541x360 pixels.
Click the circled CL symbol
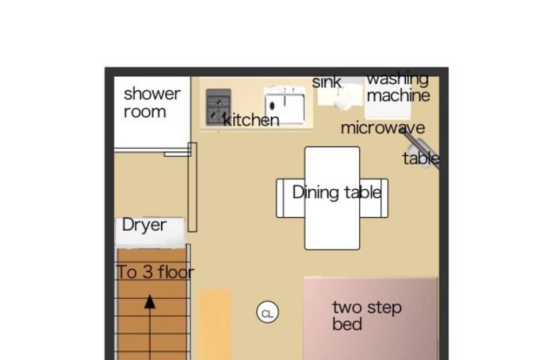coord(267,312)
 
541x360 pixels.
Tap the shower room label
coord(152,103)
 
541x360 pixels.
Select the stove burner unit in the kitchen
coord(219,107)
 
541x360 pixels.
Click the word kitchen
coord(251,120)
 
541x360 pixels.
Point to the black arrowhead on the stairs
coord(150,302)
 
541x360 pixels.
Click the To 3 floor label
coord(155,272)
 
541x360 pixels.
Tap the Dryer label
coord(144,225)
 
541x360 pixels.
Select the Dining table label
coord(337,192)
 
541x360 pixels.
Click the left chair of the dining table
coord(291,198)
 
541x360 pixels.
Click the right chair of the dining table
coord(374,198)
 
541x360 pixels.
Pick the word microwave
coord(382,128)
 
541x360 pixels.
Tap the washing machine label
coord(398,88)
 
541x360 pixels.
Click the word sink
coord(326,82)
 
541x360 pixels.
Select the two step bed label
coord(367,316)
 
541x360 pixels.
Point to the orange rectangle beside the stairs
coord(215,324)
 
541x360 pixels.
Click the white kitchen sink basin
coord(285,106)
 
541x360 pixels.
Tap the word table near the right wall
coord(421,158)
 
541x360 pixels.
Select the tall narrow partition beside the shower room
coord(193,187)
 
